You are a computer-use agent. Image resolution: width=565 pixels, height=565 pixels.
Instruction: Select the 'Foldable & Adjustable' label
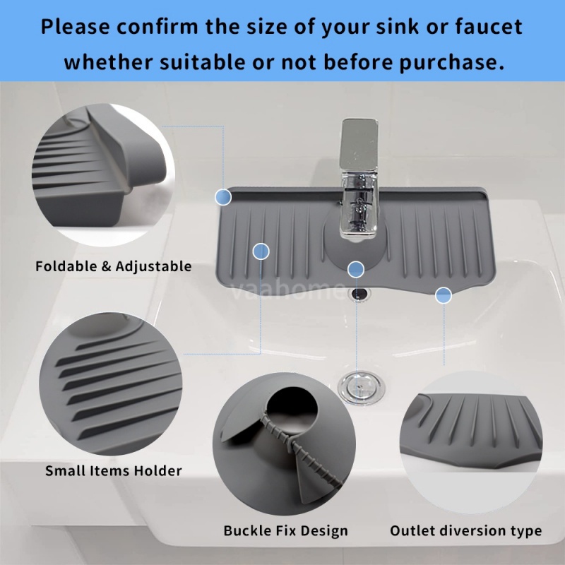(114, 266)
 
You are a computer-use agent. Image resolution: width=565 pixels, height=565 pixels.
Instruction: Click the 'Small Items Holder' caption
(114, 470)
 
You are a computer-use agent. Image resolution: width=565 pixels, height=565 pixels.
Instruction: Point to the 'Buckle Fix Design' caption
(286, 530)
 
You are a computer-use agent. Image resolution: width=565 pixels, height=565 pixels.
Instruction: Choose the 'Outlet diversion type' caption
(466, 530)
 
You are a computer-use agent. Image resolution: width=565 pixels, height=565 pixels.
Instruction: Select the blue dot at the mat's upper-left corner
(223, 196)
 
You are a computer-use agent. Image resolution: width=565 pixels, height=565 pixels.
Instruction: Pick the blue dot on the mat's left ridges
(261, 251)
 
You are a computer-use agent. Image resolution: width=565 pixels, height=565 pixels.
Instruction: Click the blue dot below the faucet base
(356, 268)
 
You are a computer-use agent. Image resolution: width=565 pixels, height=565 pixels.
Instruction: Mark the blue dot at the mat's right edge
(444, 295)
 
